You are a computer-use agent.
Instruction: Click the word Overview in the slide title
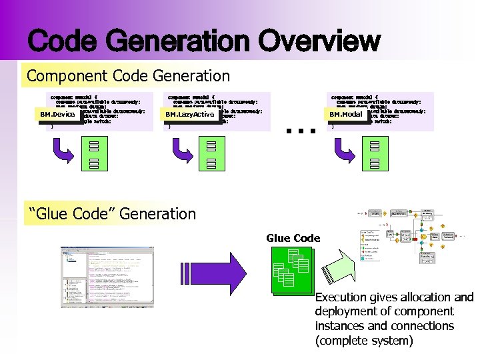coord(321,41)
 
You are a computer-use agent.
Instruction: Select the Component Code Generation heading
coord(128,77)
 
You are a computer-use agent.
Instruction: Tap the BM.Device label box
coord(57,115)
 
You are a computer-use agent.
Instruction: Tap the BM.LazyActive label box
coord(190,115)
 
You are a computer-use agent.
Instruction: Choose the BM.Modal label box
coord(346,115)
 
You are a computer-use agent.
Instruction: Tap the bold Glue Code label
coord(293,238)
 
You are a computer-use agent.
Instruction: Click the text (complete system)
coord(364,341)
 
